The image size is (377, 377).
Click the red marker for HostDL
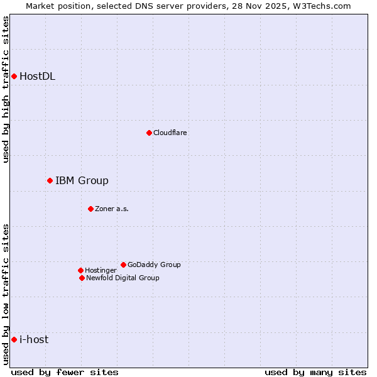click(x=14, y=77)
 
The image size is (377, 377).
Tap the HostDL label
click(x=37, y=77)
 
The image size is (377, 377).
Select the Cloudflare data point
click(x=149, y=133)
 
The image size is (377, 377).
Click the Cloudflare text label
click(x=170, y=133)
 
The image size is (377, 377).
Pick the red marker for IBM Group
click(x=50, y=181)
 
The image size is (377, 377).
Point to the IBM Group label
click(x=82, y=181)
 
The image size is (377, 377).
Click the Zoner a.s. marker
click(x=90, y=209)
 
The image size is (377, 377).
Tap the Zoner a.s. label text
click(x=112, y=209)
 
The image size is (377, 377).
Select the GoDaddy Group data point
click(x=123, y=265)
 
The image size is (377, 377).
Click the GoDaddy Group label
click(x=154, y=265)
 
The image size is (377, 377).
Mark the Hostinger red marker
click(x=80, y=270)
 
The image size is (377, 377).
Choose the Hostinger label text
click(x=101, y=270)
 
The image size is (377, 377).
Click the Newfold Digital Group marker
click(x=82, y=278)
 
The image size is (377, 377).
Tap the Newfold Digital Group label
click(x=123, y=278)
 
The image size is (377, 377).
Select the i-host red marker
click(x=14, y=340)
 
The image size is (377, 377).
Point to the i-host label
click(x=34, y=340)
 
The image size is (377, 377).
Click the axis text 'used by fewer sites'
click(x=65, y=372)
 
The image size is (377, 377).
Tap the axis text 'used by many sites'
click(x=315, y=372)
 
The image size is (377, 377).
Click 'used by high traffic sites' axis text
click(x=6, y=89)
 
